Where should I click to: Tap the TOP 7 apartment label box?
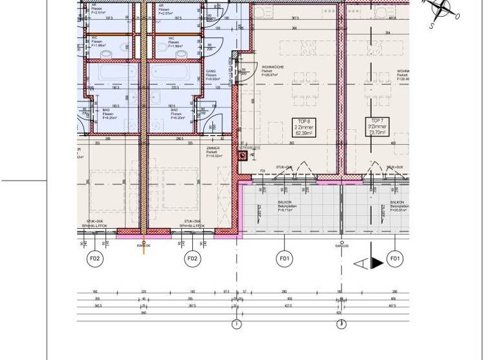(x=378, y=127)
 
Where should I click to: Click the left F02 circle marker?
(x=95, y=259)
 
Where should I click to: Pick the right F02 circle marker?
(x=192, y=259)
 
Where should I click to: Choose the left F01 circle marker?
(x=284, y=259)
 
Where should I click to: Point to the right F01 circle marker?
(x=395, y=259)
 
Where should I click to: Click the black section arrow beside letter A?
(x=377, y=263)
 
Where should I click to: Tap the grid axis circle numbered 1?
(x=236, y=324)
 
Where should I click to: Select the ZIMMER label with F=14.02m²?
(x=214, y=152)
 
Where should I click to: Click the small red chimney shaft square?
(x=243, y=155)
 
